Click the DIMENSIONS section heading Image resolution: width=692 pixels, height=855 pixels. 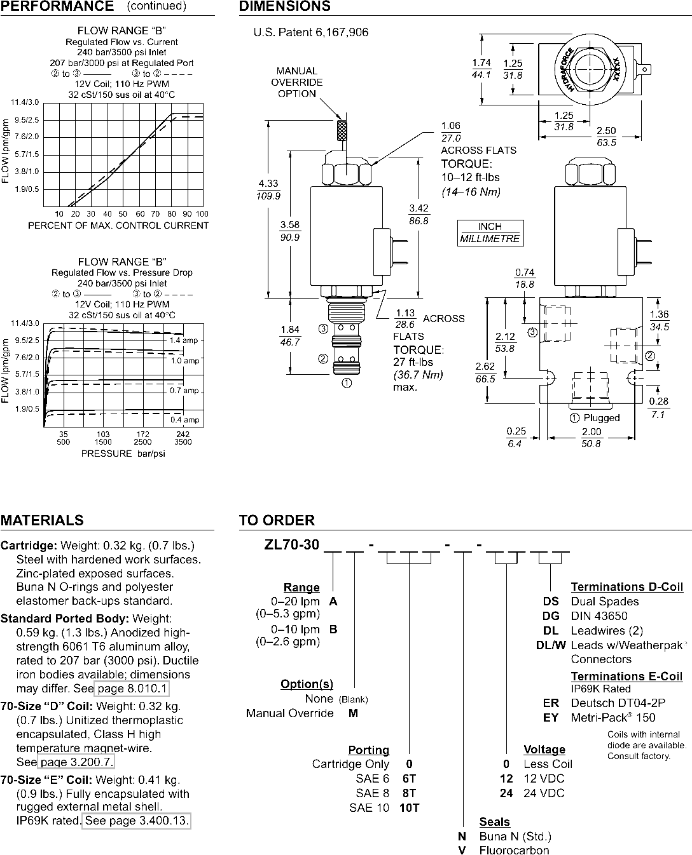pyautogui.click(x=284, y=6)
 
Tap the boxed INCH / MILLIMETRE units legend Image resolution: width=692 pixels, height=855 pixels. pyautogui.click(x=490, y=233)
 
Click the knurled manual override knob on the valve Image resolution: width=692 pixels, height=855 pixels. pyautogui.click(x=342, y=130)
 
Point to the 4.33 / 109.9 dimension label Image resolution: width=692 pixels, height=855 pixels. pyautogui.click(x=268, y=189)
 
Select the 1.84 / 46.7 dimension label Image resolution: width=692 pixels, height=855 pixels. pyautogui.click(x=290, y=335)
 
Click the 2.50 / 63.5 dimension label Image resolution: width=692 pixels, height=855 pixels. pyautogui.click(x=606, y=137)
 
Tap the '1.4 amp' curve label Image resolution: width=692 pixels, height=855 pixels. pyautogui.click(x=184, y=340)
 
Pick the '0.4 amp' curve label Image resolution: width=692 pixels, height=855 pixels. pyautogui.click(x=184, y=420)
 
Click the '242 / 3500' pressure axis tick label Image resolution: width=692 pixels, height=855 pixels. pyautogui.click(x=183, y=438)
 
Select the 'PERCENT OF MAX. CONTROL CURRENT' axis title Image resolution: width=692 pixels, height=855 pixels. pyautogui.click(x=118, y=226)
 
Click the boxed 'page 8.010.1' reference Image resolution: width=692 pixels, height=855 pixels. pyautogui.click(x=132, y=689)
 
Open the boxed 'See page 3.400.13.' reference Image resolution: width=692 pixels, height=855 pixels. pyautogui.click(x=136, y=821)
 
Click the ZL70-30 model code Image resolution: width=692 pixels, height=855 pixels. pyautogui.click(x=292, y=545)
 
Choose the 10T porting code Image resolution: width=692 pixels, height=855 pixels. pyautogui.click(x=409, y=807)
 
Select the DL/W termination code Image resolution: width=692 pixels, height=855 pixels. pyautogui.click(x=551, y=645)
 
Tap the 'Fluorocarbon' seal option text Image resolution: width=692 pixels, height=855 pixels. pyautogui.click(x=514, y=850)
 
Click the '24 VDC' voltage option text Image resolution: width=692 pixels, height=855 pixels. pyautogui.click(x=544, y=793)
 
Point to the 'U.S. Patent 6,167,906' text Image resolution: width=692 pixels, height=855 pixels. pyautogui.click(x=310, y=32)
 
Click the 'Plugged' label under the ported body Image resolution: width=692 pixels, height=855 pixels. pyautogui.click(x=602, y=418)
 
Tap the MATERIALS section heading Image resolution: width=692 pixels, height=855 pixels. pyautogui.click(x=42, y=520)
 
